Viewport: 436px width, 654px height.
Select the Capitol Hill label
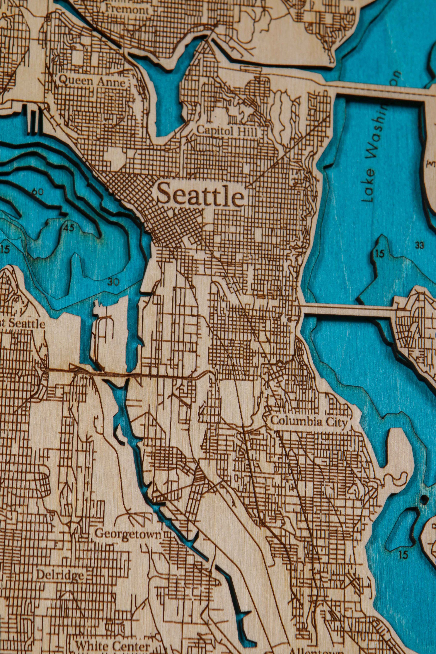(227, 131)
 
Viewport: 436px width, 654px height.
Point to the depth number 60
(38, 192)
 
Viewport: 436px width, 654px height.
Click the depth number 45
(69, 228)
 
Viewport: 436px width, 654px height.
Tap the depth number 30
(113, 282)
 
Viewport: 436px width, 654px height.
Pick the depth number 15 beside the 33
(379, 253)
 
